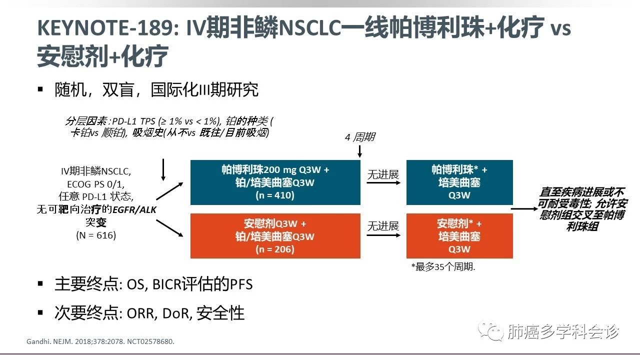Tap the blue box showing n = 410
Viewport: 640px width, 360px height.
point(275,182)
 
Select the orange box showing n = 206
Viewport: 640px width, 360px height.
point(275,236)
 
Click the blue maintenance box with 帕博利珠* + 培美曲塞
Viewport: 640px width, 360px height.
point(459,182)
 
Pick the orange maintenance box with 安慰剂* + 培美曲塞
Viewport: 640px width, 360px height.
point(459,236)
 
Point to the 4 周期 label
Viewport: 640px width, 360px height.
point(360,137)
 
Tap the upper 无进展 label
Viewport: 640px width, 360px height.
point(383,174)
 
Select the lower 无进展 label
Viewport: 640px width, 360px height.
point(383,226)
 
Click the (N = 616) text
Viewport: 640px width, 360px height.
point(96,235)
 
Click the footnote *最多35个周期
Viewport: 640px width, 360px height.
point(443,267)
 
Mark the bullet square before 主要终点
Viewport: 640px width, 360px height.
point(40,284)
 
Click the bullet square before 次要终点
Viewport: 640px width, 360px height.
point(40,312)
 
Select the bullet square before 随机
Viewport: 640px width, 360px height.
point(40,89)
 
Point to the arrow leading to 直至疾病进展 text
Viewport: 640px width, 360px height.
point(525,208)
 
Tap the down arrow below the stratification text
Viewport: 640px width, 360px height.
point(163,170)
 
